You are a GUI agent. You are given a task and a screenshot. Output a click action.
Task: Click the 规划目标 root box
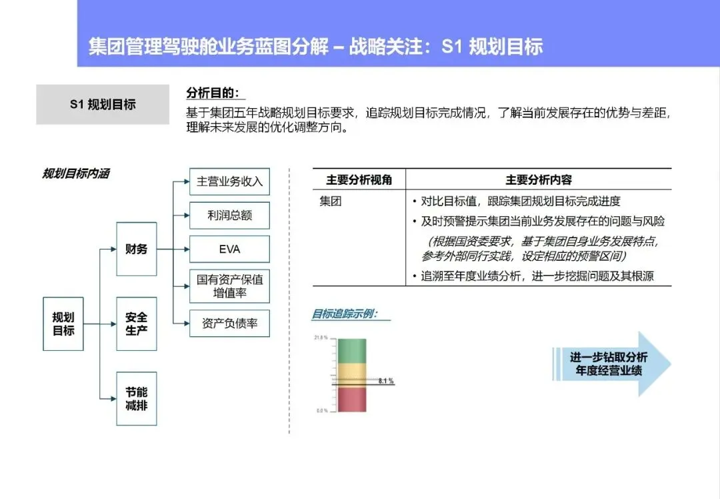pyautogui.click(x=63, y=324)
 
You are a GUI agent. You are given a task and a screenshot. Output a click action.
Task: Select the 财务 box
pyautogui.click(x=137, y=249)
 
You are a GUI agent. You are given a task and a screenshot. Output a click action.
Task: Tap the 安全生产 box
pyautogui.click(x=137, y=324)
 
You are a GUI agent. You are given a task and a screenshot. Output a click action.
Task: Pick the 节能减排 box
pyautogui.click(x=137, y=398)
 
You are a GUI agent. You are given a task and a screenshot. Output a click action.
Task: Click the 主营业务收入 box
pyautogui.click(x=229, y=181)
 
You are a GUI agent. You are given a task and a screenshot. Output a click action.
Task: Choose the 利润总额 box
pyautogui.click(x=229, y=215)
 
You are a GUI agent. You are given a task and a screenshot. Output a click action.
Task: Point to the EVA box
pyautogui.click(x=229, y=249)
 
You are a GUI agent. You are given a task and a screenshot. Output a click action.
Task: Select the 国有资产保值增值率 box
pyautogui.click(x=229, y=286)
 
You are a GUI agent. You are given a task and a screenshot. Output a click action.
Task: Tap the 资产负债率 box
pyautogui.click(x=229, y=324)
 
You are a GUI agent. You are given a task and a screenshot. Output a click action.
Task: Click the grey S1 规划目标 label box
pyautogui.click(x=103, y=104)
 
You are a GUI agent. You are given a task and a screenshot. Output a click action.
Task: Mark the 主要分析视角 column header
pyautogui.click(x=359, y=179)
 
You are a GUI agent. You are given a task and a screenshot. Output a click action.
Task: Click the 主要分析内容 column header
pyautogui.click(x=538, y=179)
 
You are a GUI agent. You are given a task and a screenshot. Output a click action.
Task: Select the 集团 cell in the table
pyautogui.click(x=331, y=201)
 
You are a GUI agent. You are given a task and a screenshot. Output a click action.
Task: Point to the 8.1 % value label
pyautogui.click(x=386, y=381)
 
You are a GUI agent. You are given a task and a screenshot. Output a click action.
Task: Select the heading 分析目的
pyautogui.click(x=212, y=93)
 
